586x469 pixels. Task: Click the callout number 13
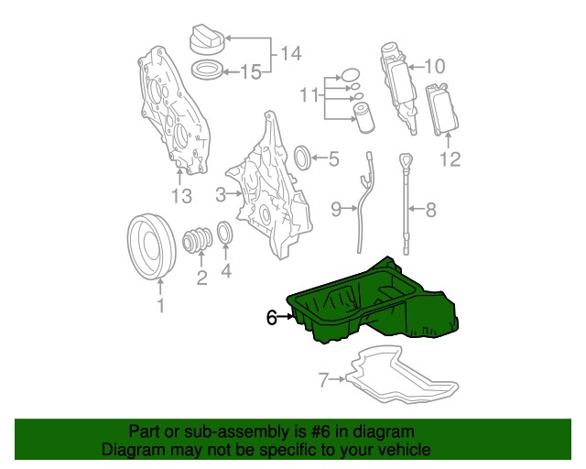[181, 196]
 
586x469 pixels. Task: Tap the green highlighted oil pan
[374, 303]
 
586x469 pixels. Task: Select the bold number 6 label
[272, 318]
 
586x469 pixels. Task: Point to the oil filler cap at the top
[208, 38]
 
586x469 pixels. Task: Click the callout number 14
[290, 53]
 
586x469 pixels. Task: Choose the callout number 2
[201, 278]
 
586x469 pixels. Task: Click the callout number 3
[221, 194]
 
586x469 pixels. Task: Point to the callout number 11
[309, 95]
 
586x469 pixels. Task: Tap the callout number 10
[435, 67]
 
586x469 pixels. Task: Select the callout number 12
[450, 159]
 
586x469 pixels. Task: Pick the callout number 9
[336, 210]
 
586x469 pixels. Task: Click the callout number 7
[324, 379]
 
